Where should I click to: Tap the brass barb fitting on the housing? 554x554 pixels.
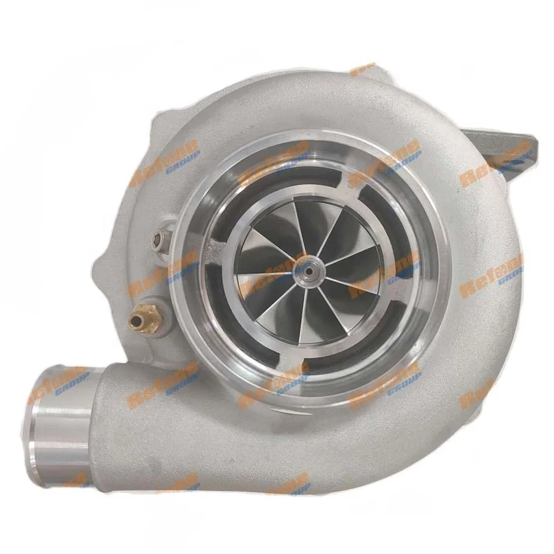click(x=141, y=318)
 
